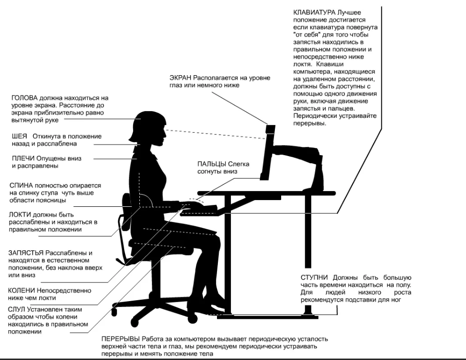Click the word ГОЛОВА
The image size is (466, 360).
(x=24, y=98)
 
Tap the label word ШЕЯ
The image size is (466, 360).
(x=19, y=136)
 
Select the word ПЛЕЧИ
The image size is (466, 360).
(x=23, y=158)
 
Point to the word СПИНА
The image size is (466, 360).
(x=21, y=186)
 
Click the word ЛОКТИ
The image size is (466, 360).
(x=20, y=215)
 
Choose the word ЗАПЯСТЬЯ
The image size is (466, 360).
(x=26, y=253)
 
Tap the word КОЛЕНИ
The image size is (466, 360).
(x=22, y=291)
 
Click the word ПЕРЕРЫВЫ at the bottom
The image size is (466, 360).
(x=121, y=339)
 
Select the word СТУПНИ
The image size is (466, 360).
(x=314, y=278)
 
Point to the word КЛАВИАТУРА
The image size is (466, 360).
(x=315, y=12)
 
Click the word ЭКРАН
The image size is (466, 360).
(x=181, y=78)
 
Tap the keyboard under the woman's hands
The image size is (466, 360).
(x=199, y=212)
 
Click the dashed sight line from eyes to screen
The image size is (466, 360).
(x=216, y=135)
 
